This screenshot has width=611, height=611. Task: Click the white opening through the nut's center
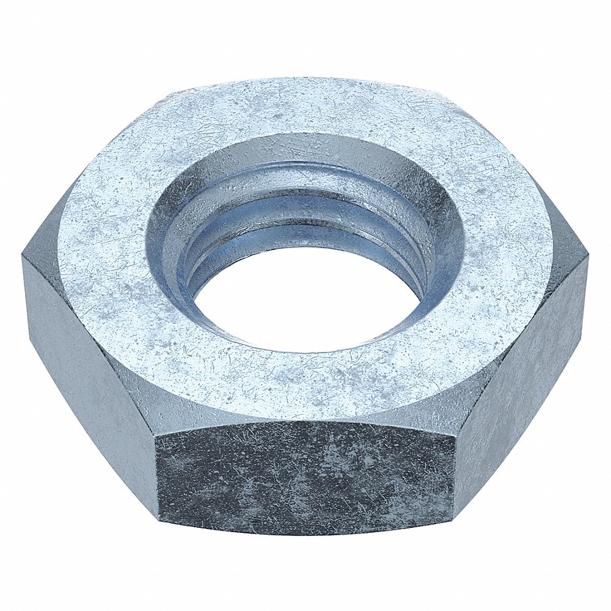pyautogui.click(x=305, y=299)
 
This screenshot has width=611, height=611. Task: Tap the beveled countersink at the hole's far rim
pyautogui.click(x=305, y=147)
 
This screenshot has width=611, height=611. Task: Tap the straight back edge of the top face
pyautogui.click(x=305, y=78)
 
